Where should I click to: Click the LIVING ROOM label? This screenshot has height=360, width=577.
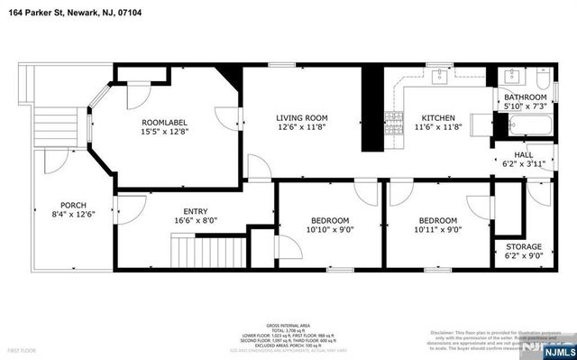pyautogui.click(x=301, y=118)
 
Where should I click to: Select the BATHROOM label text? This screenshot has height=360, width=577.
pyautogui.click(x=525, y=97)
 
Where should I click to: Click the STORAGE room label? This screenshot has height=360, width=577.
pyautogui.click(x=524, y=247)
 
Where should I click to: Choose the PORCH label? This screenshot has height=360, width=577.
pyautogui.click(x=73, y=205)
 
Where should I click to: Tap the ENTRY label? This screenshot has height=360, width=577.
pyautogui.click(x=195, y=211)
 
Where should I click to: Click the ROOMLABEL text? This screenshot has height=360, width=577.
pyautogui.click(x=164, y=122)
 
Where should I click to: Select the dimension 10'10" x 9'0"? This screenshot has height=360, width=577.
pyautogui.click(x=330, y=229)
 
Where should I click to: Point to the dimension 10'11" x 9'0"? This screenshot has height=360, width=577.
pyautogui.click(x=438, y=229)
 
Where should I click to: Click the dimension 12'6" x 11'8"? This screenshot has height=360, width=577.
pyautogui.click(x=301, y=128)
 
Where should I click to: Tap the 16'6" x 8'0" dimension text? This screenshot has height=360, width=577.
pyautogui.click(x=195, y=220)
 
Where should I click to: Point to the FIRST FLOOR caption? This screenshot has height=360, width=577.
pyautogui.click(x=22, y=347)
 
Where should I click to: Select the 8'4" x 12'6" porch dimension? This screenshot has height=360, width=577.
pyautogui.click(x=73, y=215)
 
